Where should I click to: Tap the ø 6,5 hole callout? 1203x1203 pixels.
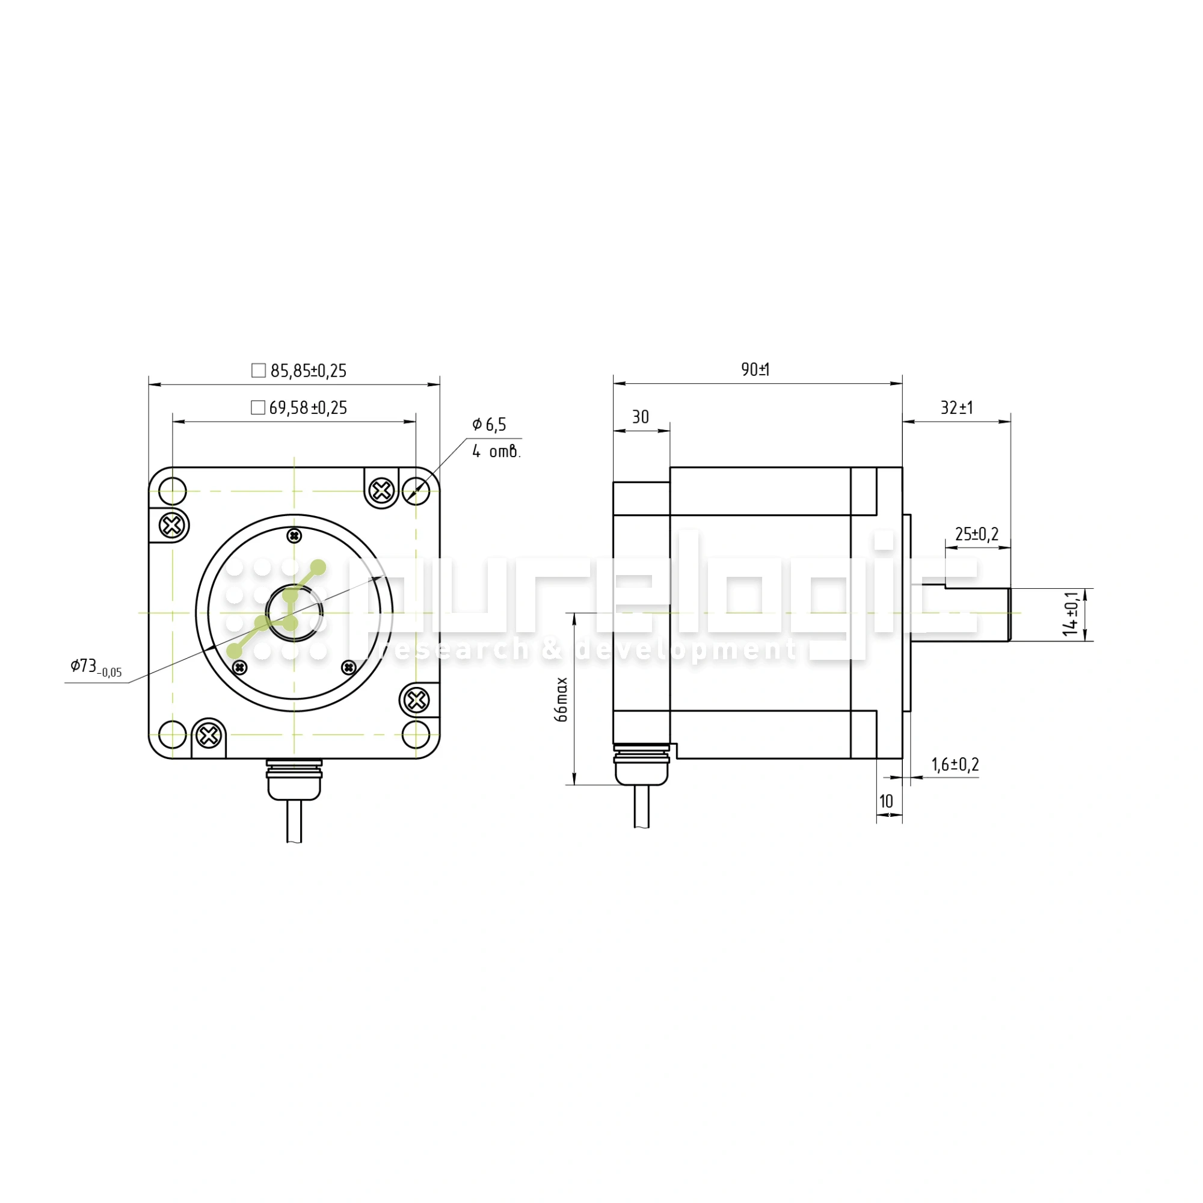click(x=489, y=425)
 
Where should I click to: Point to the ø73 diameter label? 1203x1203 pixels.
click(x=96, y=667)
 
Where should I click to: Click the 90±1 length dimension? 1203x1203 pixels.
click(x=755, y=369)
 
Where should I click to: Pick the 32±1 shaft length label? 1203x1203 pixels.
click(x=956, y=408)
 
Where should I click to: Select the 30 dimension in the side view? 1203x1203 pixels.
click(x=641, y=417)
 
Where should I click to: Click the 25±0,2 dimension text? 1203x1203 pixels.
click(x=977, y=534)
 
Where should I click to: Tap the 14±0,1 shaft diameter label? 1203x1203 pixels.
click(x=1071, y=614)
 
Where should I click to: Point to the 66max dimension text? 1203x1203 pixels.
click(x=562, y=700)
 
